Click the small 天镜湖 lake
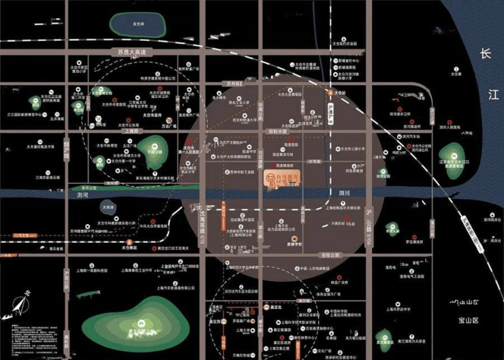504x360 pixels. [108, 206]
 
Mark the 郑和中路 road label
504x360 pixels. [242, 131]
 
